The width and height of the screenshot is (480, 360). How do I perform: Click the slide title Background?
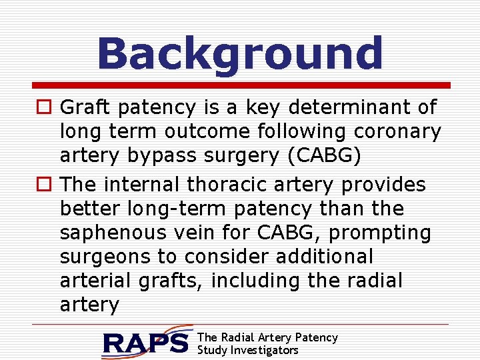[x=240, y=53]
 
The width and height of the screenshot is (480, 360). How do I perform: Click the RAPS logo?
[x=147, y=342]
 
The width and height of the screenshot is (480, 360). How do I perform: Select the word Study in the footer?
[x=212, y=350]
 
